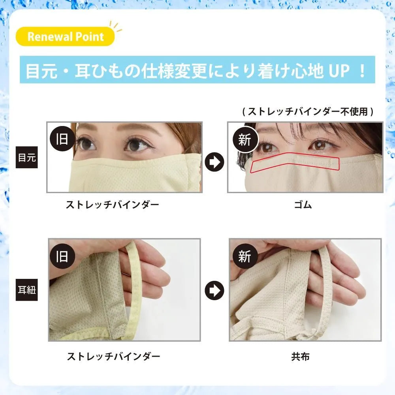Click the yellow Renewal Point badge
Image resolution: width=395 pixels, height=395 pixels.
[65, 36]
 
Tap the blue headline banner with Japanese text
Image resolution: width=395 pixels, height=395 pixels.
[197, 70]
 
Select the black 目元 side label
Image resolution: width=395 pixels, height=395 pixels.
[27, 157]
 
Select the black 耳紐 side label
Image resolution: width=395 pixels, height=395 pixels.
[27, 290]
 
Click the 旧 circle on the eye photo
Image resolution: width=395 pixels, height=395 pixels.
[62, 139]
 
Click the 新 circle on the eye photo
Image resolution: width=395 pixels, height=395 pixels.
[245, 139]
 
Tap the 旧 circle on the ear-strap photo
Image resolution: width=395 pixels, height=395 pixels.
[62, 256]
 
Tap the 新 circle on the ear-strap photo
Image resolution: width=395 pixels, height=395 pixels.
[245, 256]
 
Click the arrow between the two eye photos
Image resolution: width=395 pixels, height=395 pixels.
[214, 162]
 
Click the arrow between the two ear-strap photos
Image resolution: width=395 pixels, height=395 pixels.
[214, 290]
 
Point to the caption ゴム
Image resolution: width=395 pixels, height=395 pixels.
[303, 205]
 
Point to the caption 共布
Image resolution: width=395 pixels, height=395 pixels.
[300, 356]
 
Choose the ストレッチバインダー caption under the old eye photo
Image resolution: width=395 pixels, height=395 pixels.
[112, 205]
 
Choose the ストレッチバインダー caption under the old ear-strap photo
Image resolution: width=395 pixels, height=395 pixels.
[113, 356]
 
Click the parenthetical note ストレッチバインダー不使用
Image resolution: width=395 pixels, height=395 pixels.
[308, 111]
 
